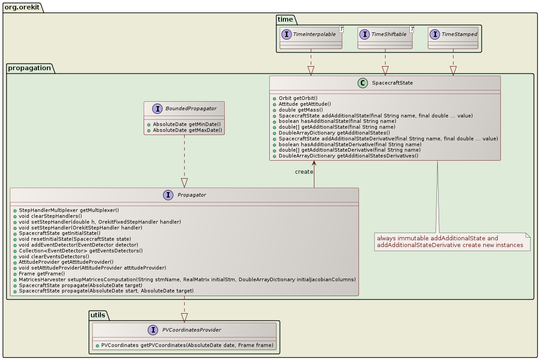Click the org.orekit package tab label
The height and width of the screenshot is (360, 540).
23,7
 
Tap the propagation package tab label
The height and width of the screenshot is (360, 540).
30,67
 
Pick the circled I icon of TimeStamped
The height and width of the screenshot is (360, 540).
435,34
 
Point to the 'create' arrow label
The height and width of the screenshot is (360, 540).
304,172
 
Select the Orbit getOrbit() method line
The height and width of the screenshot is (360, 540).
298,98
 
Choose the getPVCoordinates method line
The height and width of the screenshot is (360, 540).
187,346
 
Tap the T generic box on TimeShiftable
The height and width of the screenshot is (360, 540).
412,29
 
